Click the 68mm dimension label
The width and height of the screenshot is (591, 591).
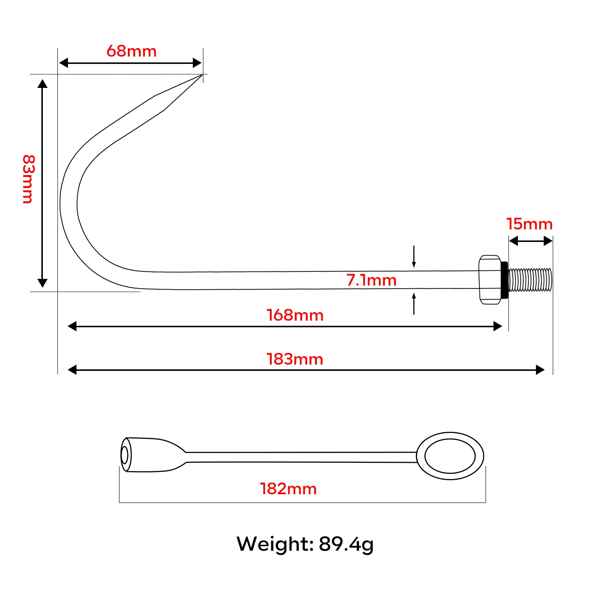131,51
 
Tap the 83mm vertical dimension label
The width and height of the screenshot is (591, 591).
28,179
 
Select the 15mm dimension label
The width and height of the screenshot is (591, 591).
529,224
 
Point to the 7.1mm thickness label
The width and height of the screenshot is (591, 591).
371,280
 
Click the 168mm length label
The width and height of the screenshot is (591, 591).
295,315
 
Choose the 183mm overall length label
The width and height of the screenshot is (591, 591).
295,359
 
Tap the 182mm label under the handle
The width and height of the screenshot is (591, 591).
288,489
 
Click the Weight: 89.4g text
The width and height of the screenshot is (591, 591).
305,544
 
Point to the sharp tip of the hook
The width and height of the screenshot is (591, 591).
202,75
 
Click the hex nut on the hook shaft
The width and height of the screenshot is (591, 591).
490,280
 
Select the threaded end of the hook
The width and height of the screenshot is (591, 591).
530,280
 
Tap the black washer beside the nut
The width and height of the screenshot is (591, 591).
504,280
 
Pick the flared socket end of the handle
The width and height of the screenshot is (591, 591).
153,455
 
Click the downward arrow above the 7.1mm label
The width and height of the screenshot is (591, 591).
414,256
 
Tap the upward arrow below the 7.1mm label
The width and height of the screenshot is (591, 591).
414,304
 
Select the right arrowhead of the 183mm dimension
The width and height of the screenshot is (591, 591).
540,370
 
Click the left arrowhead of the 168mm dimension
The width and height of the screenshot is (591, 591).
72,326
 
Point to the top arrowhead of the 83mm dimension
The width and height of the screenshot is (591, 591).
42,83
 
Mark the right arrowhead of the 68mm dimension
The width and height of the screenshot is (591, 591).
197,63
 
